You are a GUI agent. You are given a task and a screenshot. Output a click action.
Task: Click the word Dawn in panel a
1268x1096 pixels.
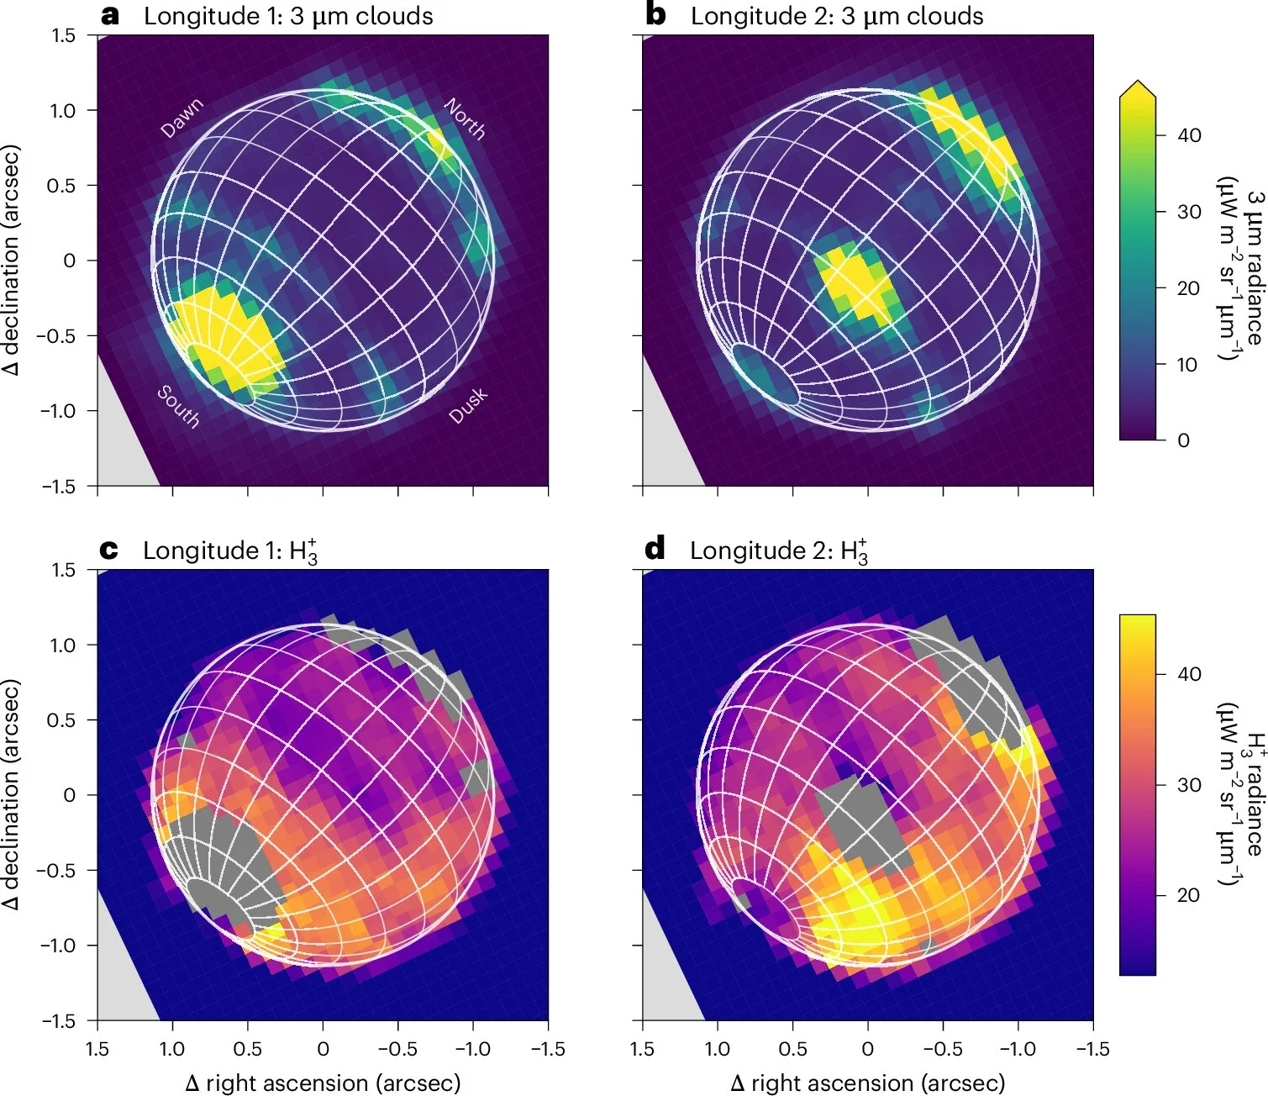pos(182,118)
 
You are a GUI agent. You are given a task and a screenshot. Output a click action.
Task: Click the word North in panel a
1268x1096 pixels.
pos(465,119)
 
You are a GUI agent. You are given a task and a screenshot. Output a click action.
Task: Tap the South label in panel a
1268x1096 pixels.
pos(179,406)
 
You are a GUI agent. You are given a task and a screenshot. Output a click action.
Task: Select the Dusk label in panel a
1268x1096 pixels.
pos(468,406)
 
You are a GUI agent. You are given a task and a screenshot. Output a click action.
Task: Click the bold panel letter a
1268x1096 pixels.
pos(110,15)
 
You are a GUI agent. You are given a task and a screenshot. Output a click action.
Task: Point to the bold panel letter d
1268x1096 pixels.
pos(655,550)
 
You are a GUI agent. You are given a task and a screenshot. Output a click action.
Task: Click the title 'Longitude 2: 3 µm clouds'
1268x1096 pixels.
pos(836,16)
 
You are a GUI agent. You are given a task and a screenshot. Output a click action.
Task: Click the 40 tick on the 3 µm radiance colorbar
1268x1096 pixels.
pos(1189,135)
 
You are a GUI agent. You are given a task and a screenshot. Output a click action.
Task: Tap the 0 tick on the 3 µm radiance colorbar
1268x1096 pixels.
pos(1183,440)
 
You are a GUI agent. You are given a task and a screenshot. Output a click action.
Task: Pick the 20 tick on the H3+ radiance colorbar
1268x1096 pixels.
pos(1188,895)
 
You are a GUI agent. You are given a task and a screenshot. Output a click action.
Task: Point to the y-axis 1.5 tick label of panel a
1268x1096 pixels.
pos(62,35)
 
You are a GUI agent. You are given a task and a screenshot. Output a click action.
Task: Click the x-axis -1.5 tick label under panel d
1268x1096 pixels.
pos(1092,1049)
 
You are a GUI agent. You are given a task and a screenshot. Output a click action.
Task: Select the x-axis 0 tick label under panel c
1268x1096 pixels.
pos(323,1049)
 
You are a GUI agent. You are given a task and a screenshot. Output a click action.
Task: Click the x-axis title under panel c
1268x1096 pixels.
pos(323,1083)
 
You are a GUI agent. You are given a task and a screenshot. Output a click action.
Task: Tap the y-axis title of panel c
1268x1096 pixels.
pos(11,794)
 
